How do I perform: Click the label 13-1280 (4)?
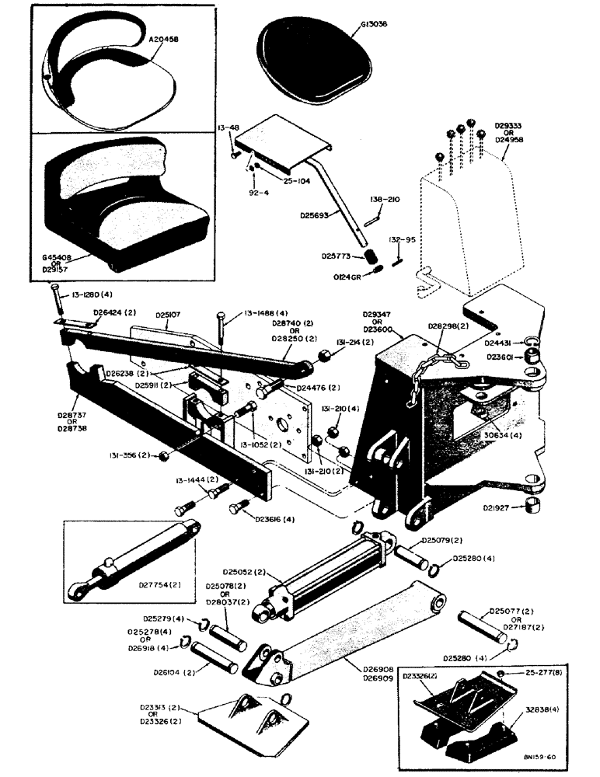[86, 295]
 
